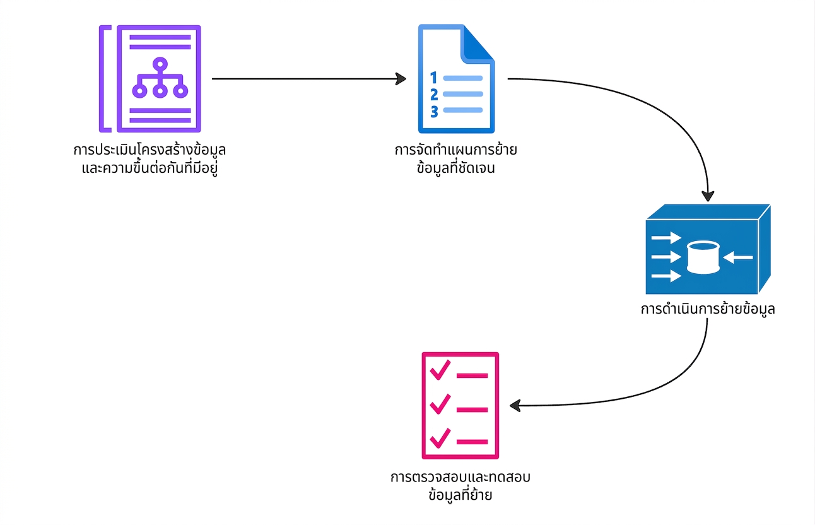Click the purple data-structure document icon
(150, 79)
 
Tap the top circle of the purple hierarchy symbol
(160, 64)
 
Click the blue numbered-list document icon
(456, 79)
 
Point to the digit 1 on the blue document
(433, 78)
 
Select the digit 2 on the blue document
(434, 95)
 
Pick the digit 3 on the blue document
(434, 112)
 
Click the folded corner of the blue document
(478, 44)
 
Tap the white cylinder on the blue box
(703, 257)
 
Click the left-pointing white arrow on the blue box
(737, 257)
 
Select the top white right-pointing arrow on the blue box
(666, 238)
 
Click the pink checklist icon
(460, 405)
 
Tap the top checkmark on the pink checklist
(440, 370)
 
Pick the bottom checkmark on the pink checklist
(440, 438)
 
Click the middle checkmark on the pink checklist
(440, 404)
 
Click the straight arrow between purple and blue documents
(309, 79)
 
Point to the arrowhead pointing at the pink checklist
(515, 406)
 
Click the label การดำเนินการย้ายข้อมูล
(708, 309)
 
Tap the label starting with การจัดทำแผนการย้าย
(456, 159)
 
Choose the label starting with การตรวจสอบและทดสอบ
(460, 486)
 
